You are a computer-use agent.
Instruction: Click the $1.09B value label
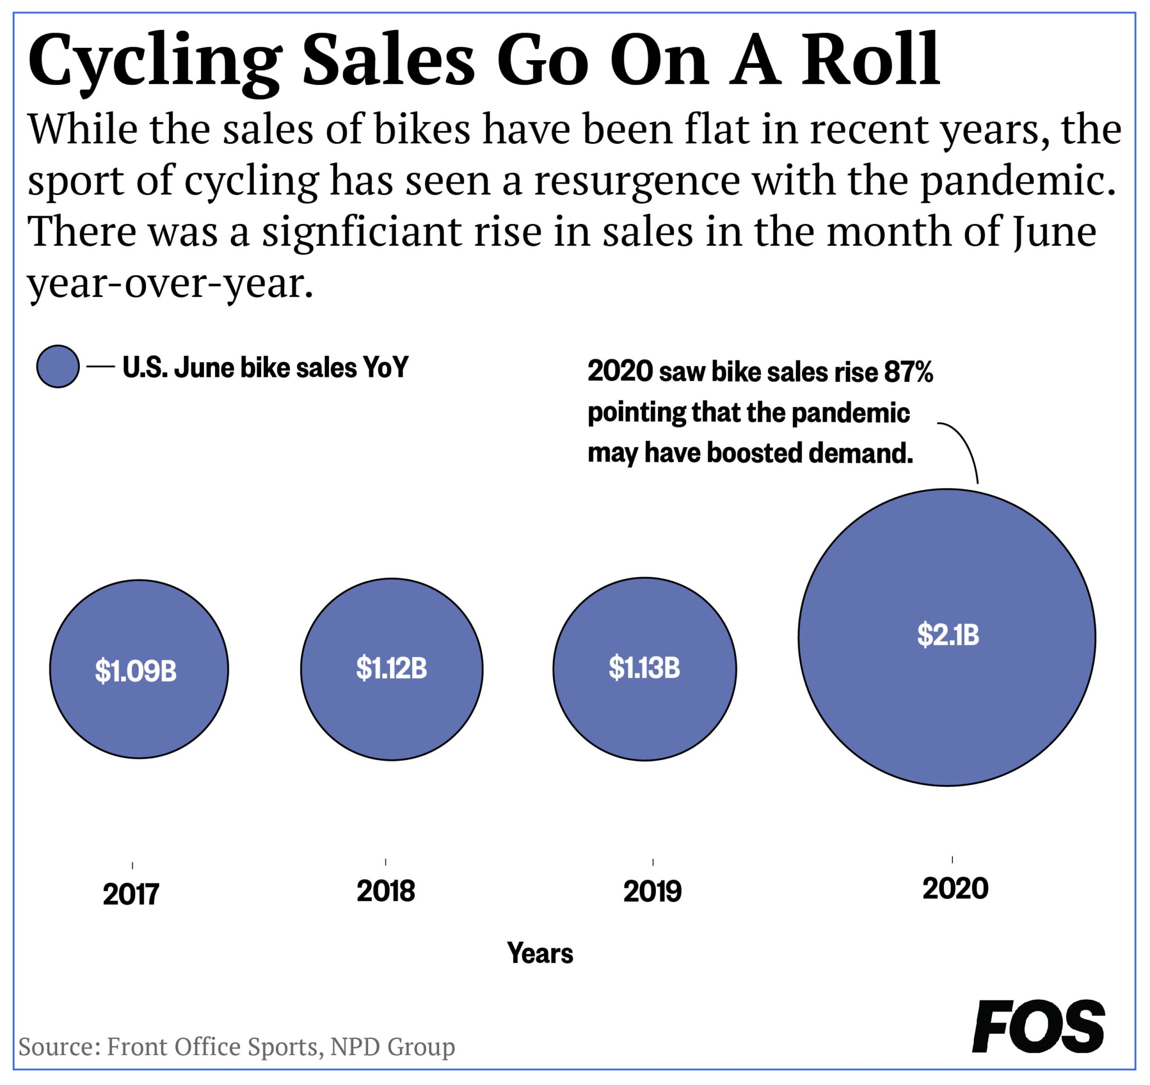135,671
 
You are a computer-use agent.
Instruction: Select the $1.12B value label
391,668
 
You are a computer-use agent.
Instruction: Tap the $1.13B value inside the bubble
644,668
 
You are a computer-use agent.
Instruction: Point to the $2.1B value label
947,635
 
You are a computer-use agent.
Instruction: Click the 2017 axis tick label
131,895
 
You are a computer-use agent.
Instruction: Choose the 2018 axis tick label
385,891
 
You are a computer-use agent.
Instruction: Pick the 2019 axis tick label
652,892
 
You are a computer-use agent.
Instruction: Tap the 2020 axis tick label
955,889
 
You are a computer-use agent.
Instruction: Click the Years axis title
539,954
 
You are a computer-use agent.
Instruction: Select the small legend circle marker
58,366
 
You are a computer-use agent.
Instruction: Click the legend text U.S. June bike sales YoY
266,367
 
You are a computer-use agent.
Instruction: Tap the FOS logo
1038,1027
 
